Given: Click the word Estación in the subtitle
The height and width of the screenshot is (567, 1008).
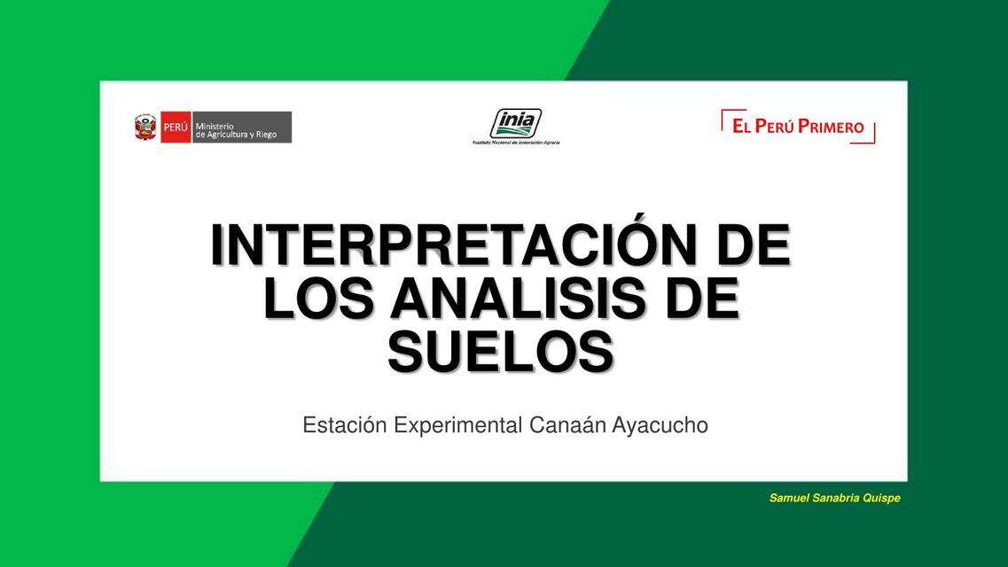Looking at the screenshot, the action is coord(345,425).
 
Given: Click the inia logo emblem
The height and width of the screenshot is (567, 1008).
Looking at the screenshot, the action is coord(516,122).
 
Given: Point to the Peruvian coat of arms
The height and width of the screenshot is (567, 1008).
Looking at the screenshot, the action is coord(145,128).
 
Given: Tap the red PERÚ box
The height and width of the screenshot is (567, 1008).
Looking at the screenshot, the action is coord(176,128).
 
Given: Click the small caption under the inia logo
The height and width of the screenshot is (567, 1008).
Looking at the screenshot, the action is coord(516,142).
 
